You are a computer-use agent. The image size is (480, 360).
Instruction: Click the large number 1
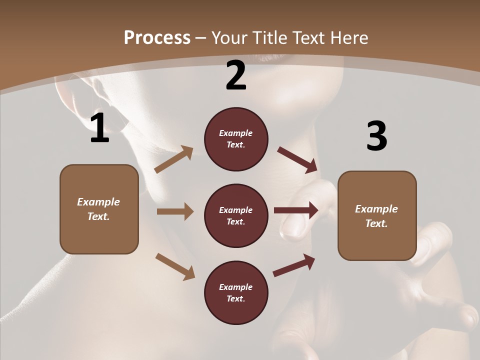click(99, 128)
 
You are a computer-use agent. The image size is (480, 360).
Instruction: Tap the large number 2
click(235, 75)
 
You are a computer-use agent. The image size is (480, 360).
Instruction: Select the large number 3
click(376, 136)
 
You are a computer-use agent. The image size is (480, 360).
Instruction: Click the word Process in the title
click(157, 37)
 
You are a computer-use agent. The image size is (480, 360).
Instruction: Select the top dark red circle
click(236, 139)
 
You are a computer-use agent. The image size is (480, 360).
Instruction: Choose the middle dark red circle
click(236, 216)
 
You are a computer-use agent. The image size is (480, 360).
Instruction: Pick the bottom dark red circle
click(236, 293)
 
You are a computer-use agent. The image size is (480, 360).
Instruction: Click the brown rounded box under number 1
click(99, 209)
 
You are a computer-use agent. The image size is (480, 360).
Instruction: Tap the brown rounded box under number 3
click(377, 216)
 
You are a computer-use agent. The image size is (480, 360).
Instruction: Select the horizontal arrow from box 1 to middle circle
click(175, 211)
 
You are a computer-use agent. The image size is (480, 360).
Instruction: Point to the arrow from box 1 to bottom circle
click(175, 266)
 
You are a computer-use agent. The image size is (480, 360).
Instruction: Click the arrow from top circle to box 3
click(297, 160)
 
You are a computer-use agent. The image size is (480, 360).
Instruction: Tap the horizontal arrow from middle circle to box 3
click(296, 210)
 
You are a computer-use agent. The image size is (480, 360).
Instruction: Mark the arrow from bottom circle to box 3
click(294, 265)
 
